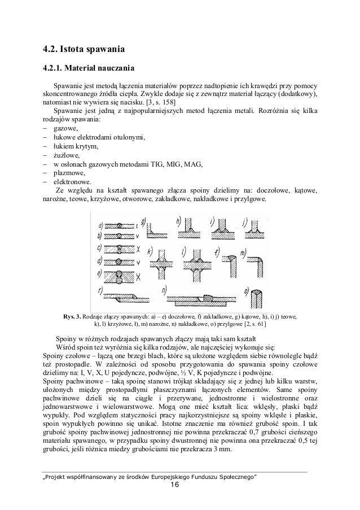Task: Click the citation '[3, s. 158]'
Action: tap(160, 102)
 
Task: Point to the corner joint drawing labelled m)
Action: tap(253, 260)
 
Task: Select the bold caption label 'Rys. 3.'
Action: tap(73, 316)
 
